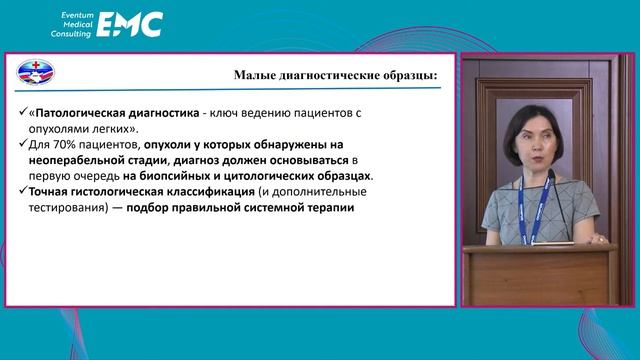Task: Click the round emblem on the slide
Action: tap(38, 73)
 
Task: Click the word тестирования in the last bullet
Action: tap(72, 208)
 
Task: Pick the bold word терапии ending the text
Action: tap(327, 208)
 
